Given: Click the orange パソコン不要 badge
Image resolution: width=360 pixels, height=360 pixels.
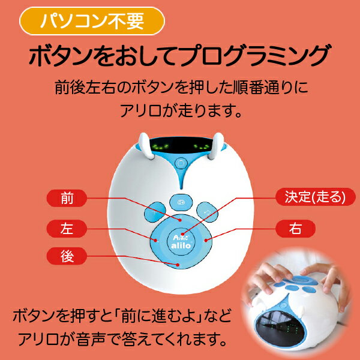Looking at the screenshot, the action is coord(92,21).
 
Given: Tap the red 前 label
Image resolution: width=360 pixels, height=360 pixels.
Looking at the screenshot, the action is coord(67,198).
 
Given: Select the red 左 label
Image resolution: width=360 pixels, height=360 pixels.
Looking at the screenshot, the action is coord(67,229).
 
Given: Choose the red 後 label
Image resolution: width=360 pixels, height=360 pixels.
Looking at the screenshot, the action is coord(67,256).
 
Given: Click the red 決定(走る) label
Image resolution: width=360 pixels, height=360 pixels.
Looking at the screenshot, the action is coord(316,197).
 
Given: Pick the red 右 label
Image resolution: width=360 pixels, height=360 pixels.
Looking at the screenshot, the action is coord(295,229).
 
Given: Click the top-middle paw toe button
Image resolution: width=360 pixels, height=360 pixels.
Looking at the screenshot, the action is coord(181,202).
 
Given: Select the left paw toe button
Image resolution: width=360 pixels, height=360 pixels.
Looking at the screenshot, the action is coord(155,212).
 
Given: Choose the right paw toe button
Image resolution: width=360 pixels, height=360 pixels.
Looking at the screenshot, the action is coord(207,212).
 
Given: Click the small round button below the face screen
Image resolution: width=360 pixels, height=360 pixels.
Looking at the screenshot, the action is coord(181,163).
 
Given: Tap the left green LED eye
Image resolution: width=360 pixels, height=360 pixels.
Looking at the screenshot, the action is coord(161,147).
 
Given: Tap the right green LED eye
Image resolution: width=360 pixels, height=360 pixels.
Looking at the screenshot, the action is coord(201,147).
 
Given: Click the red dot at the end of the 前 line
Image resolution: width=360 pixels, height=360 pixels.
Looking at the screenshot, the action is coord(181,220).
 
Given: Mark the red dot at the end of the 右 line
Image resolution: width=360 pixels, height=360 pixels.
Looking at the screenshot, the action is coord(206,241).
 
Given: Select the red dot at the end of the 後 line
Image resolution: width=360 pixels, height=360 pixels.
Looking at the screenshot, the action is coord(178,265).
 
